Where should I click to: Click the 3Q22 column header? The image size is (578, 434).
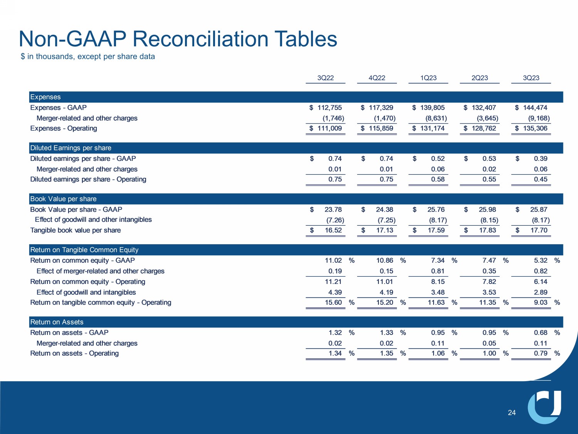point(325,78)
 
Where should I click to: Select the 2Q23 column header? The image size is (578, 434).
point(479,78)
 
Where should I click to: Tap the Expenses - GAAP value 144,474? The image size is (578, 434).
point(535,108)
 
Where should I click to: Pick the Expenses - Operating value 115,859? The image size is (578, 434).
point(381,128)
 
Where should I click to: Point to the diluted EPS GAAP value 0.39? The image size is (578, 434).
point(541,159)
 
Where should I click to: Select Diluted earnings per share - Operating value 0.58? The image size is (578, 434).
point(438,179)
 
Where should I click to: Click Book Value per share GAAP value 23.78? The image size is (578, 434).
point(333,209)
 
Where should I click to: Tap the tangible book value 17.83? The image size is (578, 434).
point(487,230)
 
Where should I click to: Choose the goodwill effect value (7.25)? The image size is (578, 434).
point(386,220)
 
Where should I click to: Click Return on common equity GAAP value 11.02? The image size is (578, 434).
point(333,260)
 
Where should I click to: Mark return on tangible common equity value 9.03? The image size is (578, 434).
point(541,302)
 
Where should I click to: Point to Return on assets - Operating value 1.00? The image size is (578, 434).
point(489,353)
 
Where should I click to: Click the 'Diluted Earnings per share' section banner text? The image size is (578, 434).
point(71,148)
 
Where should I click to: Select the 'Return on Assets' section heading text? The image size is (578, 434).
point(57,322)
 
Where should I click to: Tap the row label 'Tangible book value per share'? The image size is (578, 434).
point(76,230)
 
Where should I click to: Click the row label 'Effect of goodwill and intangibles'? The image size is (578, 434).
point(86,292)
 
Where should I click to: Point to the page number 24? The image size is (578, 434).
point(511,413)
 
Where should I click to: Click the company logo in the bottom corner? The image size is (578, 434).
point(544,407)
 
